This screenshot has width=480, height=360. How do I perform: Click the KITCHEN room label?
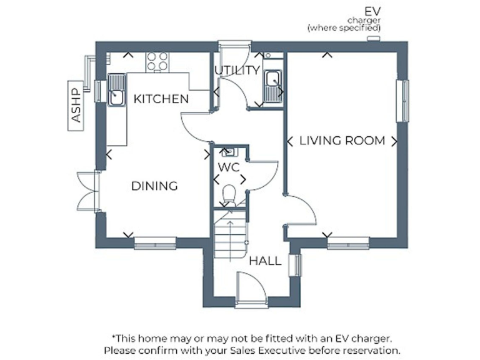click(161, 99)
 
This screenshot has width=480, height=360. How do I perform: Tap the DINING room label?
click(154, 186)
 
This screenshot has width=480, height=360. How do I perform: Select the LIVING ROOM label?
click(342, 141)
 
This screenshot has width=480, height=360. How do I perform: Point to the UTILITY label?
click(237, 70)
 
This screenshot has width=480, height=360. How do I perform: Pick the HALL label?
click(265, 261)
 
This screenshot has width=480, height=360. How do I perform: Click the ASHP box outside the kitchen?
click(76, 105)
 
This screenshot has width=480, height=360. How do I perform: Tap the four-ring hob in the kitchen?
click(157, 61)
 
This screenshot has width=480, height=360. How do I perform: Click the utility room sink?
click(272, 86)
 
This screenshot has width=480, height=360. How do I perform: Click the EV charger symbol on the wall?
click(374, 39)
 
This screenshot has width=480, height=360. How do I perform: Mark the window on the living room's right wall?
click(405, 100)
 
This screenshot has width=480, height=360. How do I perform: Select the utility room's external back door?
click(234, 44)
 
